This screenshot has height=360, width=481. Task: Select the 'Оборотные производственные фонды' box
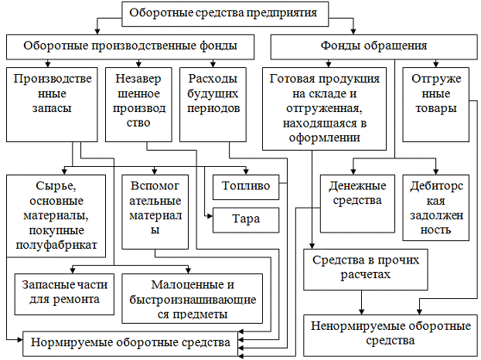click(130, 46)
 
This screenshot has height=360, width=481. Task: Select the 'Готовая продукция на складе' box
click(325, 107)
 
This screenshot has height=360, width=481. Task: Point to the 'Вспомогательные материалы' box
click(155, 208)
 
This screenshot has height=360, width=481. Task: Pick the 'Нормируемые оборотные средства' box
click(130, 341)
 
